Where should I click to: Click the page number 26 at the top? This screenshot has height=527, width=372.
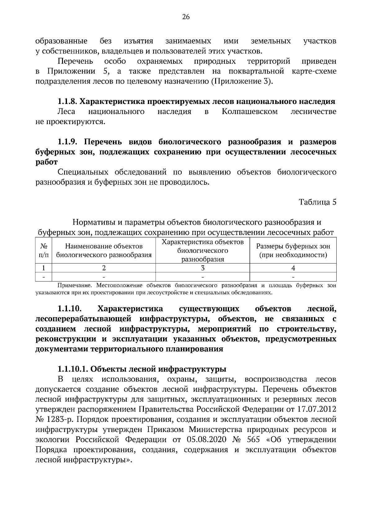click(x=186, y=17)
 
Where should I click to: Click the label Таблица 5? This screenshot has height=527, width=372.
click(x=317, y=202)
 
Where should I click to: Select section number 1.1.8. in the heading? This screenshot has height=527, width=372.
click(x=68, y=101)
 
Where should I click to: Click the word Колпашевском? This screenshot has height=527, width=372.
click(x=250, y=111)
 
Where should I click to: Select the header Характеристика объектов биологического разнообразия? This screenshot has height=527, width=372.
click(x=203, y=250)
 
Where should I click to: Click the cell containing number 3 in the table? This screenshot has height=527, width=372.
click(x=203, y=268)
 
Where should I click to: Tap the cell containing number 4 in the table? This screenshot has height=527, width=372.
click(x=293, y=268)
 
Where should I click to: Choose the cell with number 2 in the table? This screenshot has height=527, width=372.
click(x=104, y=268)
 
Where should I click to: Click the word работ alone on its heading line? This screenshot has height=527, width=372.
click(x=47, y=162)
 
